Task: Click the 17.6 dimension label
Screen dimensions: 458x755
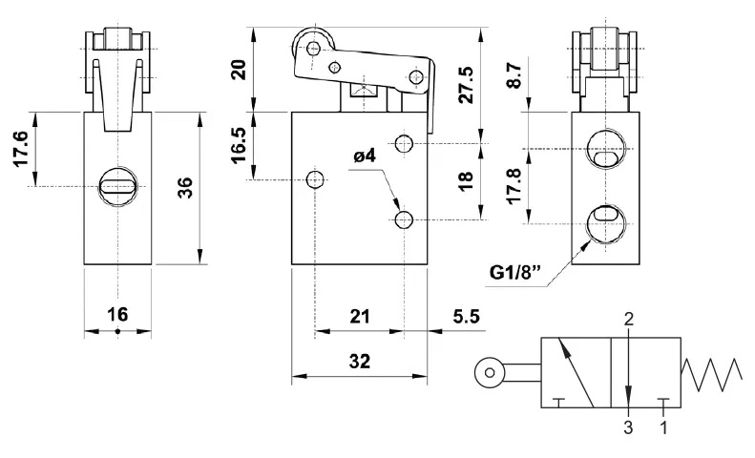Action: coord(22,149)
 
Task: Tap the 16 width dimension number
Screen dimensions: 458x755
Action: coord(117,314)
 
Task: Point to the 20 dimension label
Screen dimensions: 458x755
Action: coord(240,69)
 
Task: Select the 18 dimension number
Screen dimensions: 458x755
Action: coord(466,181)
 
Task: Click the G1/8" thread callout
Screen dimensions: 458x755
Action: coord(515,273)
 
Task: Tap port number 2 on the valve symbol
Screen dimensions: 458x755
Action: coord(628,320)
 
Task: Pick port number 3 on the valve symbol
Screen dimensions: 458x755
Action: coord(628,427)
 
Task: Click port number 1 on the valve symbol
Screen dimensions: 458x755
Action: coord(663,427)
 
